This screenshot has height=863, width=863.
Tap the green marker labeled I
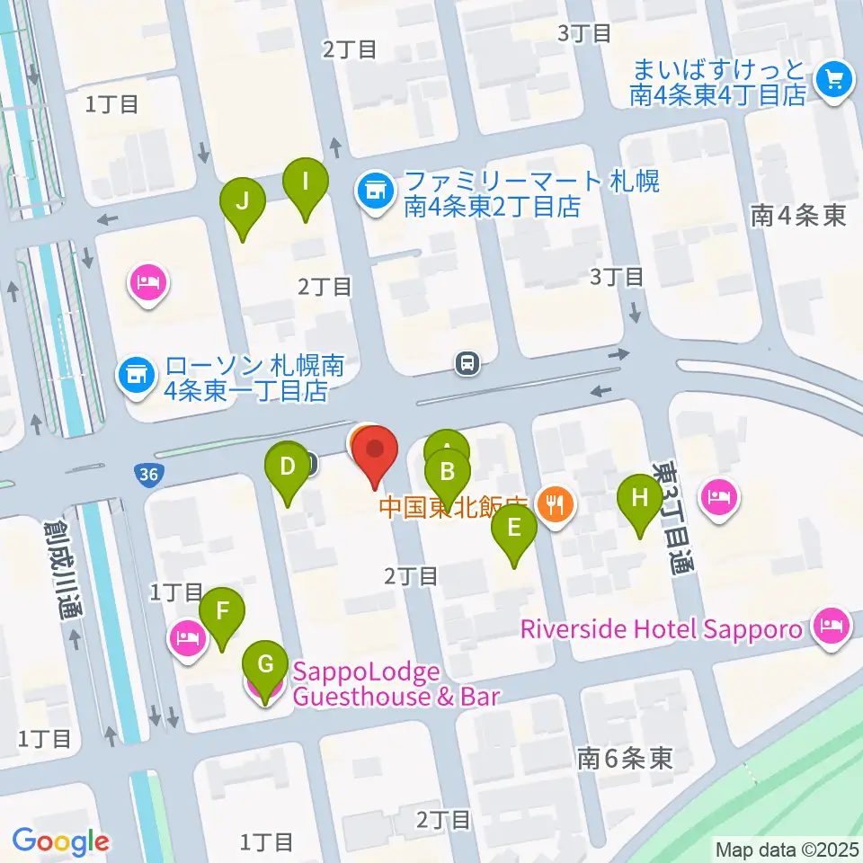(306, 183)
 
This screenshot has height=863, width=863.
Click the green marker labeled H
(640, 497)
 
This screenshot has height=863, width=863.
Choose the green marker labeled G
(265, 666)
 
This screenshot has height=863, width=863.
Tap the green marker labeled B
(448, 471)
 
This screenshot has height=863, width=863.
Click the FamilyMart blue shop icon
(371, 191)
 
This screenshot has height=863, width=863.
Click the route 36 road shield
(149, 474)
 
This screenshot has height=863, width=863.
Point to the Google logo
(60, 841)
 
